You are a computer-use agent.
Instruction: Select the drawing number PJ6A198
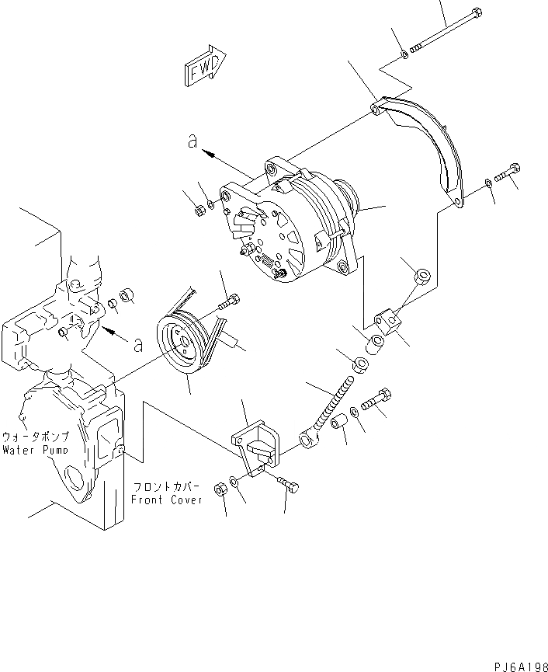519,665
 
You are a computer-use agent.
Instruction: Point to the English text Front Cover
167,500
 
